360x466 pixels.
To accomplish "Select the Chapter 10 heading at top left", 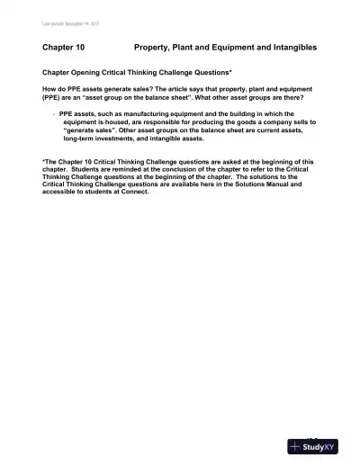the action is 63,46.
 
